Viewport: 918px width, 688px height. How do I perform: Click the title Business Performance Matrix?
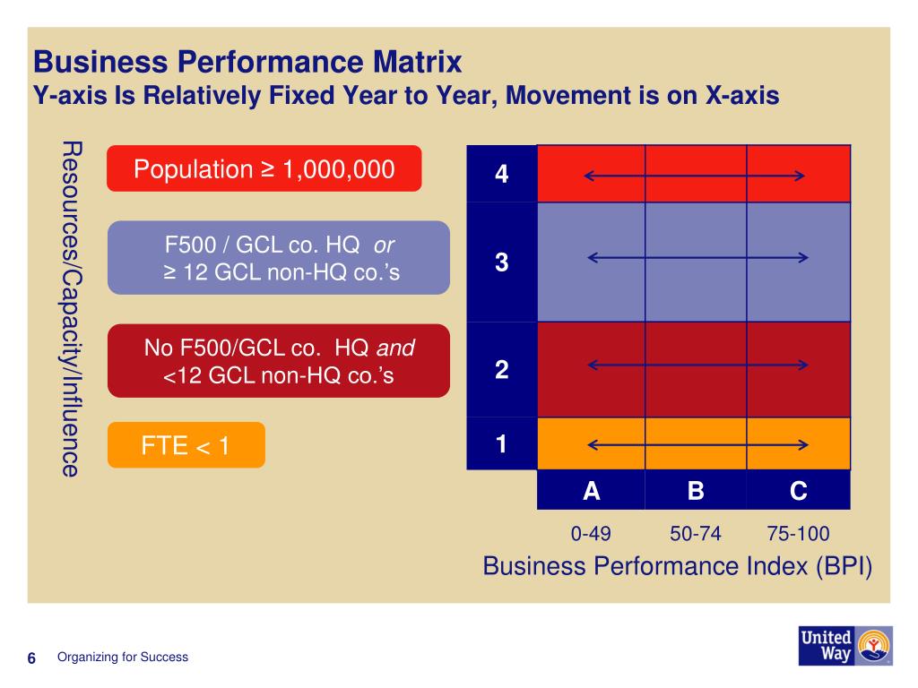click(x=247, y=63)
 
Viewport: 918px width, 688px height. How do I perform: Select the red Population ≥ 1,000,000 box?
click(x=264, y=168)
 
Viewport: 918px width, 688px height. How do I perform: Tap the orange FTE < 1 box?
click(x=186, y=445)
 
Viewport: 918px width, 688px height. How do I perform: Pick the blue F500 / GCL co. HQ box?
click(x=278, y=258)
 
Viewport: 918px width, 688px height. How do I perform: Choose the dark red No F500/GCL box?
click(x=278, y=361)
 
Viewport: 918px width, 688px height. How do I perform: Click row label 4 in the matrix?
click(x=501, y=174)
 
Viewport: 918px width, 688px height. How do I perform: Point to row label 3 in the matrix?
click(x=501, y=262)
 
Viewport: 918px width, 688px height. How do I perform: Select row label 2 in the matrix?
click(x=501, y=369)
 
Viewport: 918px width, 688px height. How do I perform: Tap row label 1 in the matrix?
click(x=501, y=443)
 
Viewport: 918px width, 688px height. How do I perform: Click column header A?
click(x=591, y=491)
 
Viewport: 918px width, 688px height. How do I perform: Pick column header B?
click(x=696, y=491)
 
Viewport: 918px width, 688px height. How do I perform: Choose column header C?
click(x=798, y=491)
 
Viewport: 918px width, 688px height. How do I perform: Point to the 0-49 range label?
click(x=591, y=534)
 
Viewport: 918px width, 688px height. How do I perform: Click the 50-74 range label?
click(x=695, y=534)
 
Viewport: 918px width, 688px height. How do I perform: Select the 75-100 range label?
click(x=798, y=534)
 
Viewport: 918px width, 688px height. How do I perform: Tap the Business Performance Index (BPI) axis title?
click(x=677, y=566)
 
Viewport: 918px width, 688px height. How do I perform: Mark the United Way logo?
click(x=844, y=645)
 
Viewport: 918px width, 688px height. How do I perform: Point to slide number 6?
click(x=31, y=659)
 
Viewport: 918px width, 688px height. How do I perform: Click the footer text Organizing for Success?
click(x=123, y=657)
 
